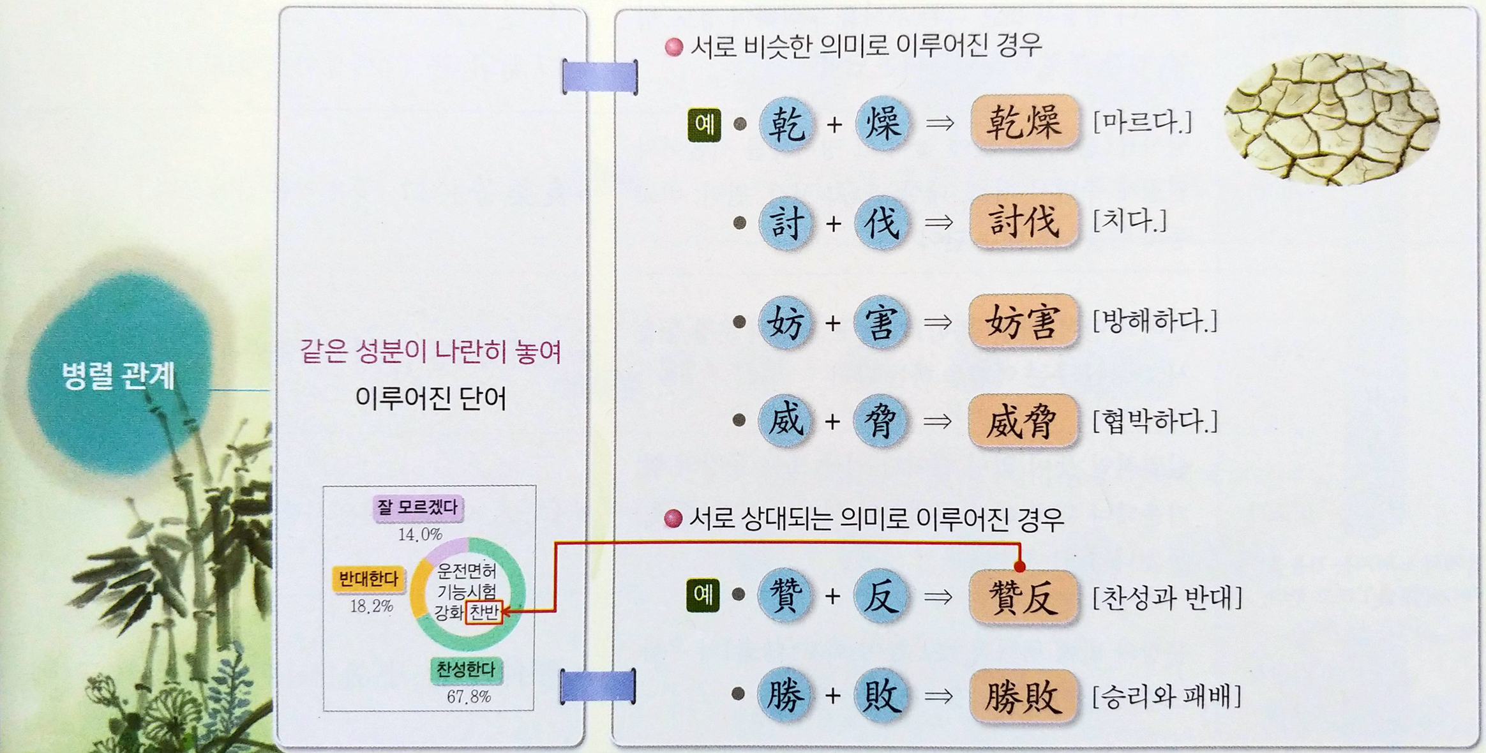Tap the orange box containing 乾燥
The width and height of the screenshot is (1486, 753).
pyautogui.click(x=1024, y=122)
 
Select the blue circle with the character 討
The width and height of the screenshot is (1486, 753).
pyautogui.click(x=786, y=222)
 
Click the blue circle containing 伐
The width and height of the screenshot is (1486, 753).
pyautogui.click(x=881, y=222)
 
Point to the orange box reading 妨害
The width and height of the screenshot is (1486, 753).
pyautogui.click(x=1023, y=322)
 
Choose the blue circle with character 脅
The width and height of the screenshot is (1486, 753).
pyautogui.click(x=880, y=421)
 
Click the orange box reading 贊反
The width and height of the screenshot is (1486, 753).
pyautogui.click(x=1023, y=597)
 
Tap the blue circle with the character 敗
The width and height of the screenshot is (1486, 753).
pyautogui.click(x=880, y=695)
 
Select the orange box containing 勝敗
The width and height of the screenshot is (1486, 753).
pyautogui.click(x=1023, y=696)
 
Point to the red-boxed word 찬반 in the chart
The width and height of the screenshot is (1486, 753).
pyautogui.click(x=484, y=613)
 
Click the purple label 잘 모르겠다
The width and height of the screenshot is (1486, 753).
pyautogui.click(x=417, y=508)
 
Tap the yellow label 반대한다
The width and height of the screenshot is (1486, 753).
pyautogui.click(x=368, y=579)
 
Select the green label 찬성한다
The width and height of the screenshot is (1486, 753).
pyautogui.click(x=465, y=669)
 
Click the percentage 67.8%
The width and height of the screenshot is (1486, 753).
pyautogui.click(x=469, y=697)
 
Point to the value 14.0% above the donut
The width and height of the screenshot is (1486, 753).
pyautogui.click(x=419, y=534)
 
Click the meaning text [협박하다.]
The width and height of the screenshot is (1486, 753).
pyautogui.click(x=1155, y=421)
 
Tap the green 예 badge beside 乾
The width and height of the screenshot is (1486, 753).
pyautogui.click(x=704, y=124)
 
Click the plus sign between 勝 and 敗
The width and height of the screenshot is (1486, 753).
pyautogui.click(x=832, y=696)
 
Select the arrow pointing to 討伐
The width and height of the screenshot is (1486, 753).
pyautogui.click(x=938, y=223)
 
